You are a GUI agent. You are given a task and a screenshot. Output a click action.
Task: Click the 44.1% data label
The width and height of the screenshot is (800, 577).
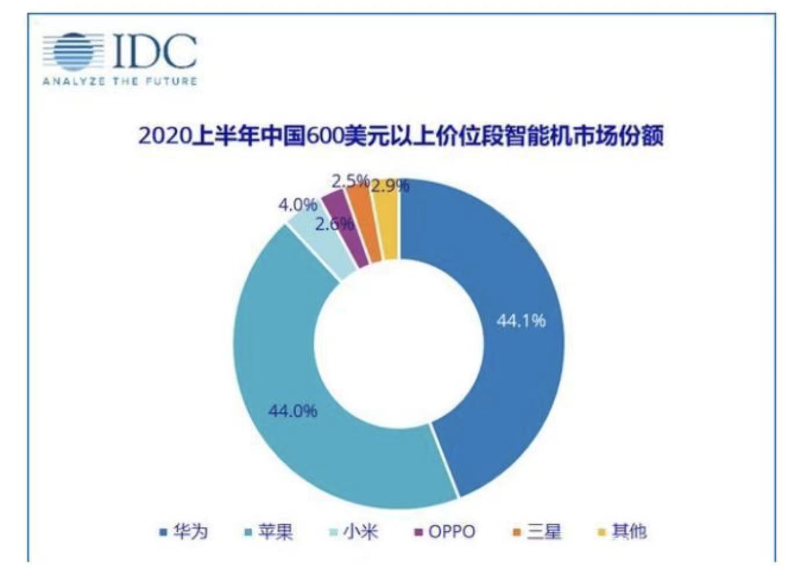pyautogui.click(x=521, y=320)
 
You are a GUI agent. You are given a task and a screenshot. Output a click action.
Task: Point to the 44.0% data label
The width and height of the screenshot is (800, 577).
pyautogui.click(x=292, y=411)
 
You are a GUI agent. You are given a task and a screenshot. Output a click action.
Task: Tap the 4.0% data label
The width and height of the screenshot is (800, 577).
pyautogui.click(x=297, y=204)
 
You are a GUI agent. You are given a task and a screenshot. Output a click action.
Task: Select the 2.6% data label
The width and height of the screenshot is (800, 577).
pyautogui.click(x=333, y=224)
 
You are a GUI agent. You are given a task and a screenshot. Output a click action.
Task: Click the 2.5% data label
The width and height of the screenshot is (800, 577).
pyautogui.click(x=350, y=181)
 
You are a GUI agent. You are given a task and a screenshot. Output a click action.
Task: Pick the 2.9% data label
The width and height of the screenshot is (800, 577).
pyautogui.click(x=390, y=185)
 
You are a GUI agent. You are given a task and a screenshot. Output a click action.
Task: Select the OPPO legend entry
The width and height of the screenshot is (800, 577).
pyautogui.click(x=445, y=531)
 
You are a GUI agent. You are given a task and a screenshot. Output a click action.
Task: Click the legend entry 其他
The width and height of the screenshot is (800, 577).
pyautogui.click(x=623, y=531)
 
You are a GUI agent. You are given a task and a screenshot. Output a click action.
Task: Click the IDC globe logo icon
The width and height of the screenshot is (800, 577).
pyautogui.click(x=72, y=52)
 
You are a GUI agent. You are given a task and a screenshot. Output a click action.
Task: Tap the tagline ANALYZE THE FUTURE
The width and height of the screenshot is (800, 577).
pyautogui.click(x=120, y=82)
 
